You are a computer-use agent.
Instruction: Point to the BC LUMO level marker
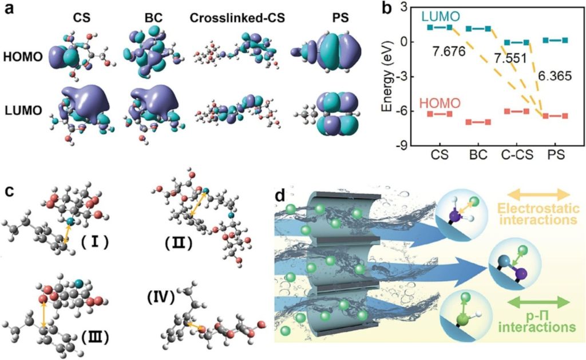coord(478,29)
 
